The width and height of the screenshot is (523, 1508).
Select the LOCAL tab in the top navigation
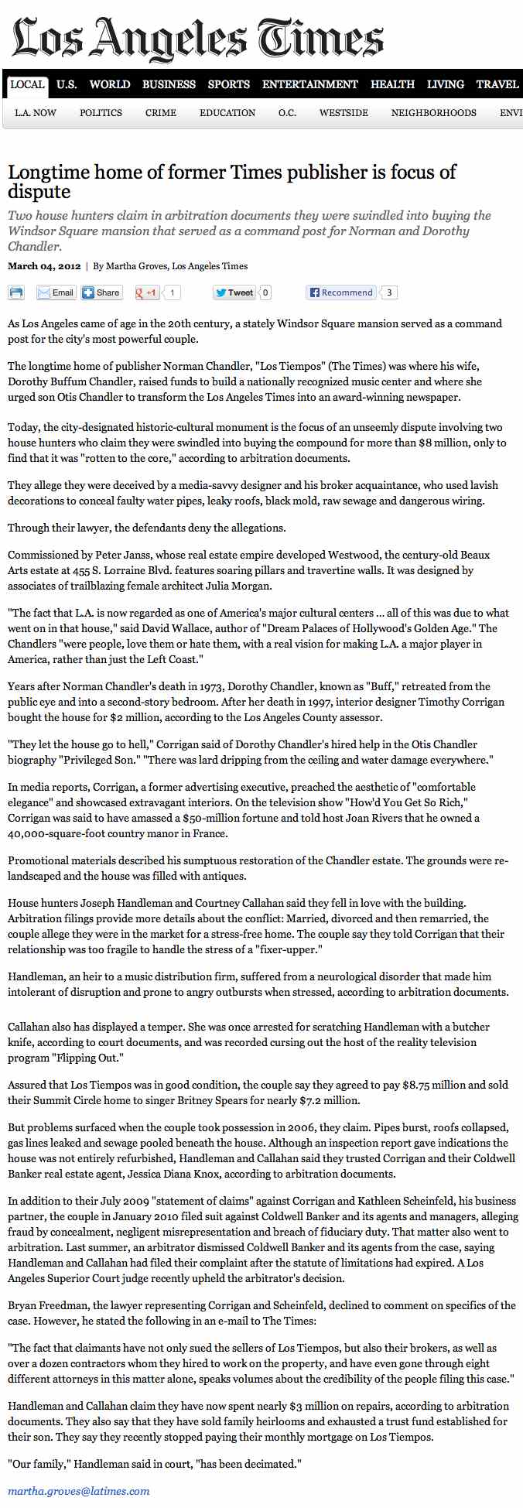point(27,84)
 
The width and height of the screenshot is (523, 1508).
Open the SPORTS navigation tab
point(228,84)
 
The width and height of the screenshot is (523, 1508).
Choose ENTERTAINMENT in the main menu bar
point(309,84)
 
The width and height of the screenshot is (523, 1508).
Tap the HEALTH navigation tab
point(392,84)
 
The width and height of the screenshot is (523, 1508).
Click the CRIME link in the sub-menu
point(161,113)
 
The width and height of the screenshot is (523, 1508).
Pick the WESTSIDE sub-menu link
point(344,113)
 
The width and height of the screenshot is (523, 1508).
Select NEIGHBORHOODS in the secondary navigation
point(433,113)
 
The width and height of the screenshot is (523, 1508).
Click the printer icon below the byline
point(16,292)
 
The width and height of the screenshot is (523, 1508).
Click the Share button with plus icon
point(101,292)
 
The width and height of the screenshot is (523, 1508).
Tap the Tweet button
point(234,292)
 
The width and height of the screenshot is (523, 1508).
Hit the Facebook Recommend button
point(340,292)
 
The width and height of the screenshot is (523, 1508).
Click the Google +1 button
point(147,292)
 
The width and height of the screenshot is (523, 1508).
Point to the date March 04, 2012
point(44,266)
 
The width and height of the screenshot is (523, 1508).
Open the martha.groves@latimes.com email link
point(79,1490)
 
